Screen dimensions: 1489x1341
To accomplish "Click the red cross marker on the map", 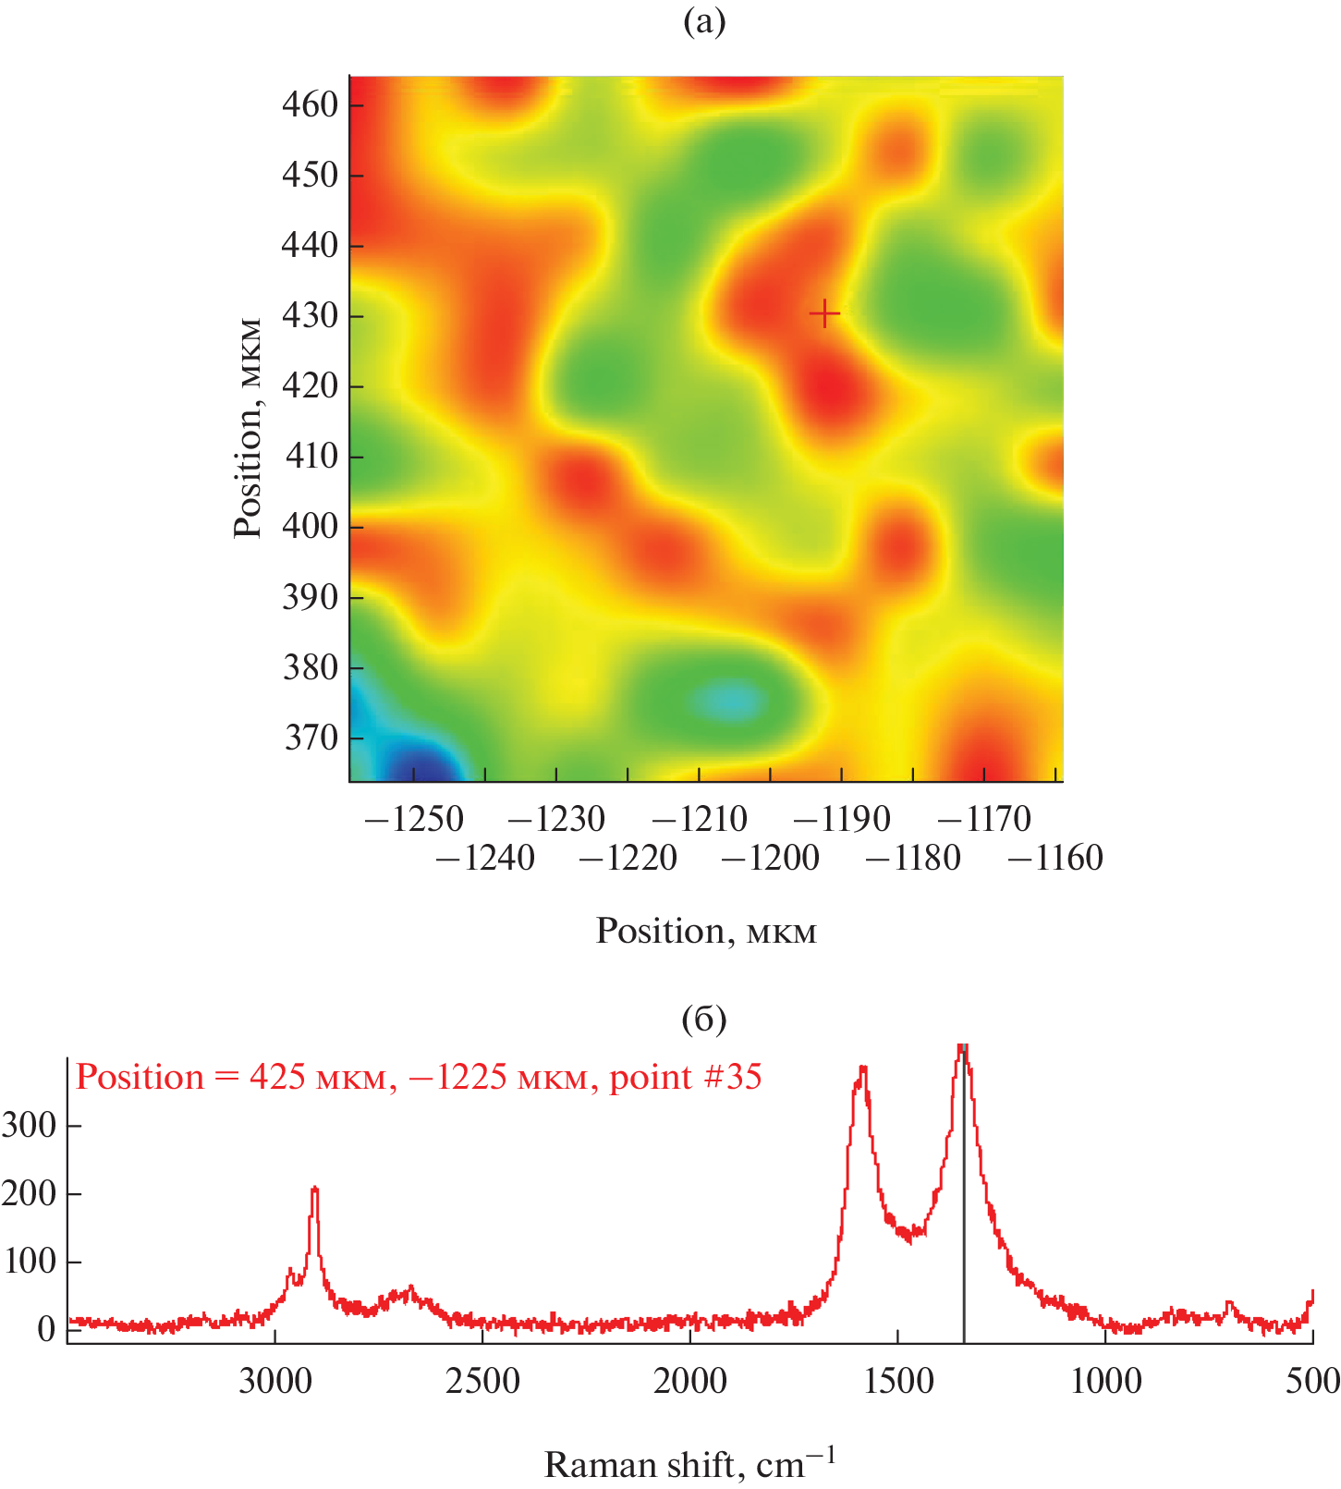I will (x=824, y=315).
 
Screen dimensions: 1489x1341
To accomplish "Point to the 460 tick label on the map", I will (x=311, y=104).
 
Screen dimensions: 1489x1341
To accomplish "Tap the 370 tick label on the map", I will (x=311, y=738).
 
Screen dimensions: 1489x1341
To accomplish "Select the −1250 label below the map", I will (x=414, y=819).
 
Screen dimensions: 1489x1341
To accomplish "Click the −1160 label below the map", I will (x=1055, y=859).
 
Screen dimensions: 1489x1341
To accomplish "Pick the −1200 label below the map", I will (x=770, y=859).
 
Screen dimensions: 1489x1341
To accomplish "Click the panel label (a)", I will (x=704, y=21).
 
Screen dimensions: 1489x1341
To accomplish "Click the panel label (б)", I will (x=704, y=1019).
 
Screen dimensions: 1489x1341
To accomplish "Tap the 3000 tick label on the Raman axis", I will (x=274, y=1381).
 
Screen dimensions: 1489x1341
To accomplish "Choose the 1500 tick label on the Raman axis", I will (x=898, y=1381).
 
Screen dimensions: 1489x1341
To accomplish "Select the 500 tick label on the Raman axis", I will (x=1313, y=1381).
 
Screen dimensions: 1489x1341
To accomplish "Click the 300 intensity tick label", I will (x=30, y=1126).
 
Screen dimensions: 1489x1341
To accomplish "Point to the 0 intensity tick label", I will (x=45, y=1329).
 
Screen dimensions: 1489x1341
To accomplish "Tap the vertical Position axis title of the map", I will (x=248, y=428).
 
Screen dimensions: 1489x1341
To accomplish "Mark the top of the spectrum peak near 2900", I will (x=315, y=1189).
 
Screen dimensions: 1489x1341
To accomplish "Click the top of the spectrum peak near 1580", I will (x=863, y=1068).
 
